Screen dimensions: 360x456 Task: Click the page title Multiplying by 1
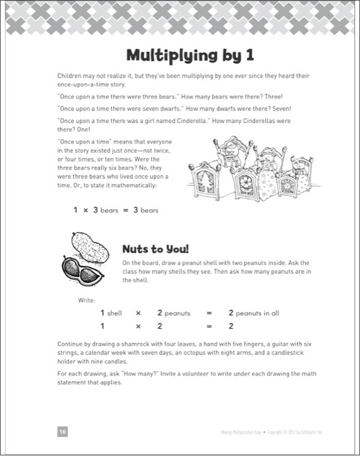(x=190, y=55)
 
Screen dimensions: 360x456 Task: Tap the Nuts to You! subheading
(x=156, y=249)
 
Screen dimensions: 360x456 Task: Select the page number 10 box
(x=62, y=432)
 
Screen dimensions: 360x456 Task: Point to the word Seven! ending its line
(x=282, y=109)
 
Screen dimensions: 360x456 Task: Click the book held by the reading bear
(x=229, y=159)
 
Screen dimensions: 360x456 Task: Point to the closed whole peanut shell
(x=90, y=247)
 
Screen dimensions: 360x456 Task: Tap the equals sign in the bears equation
(x=126, y=211)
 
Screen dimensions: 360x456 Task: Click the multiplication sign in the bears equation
(x=86, y=211)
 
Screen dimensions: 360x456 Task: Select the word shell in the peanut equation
(x=114, y=313)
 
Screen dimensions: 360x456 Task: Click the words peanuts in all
(x=257, y=313)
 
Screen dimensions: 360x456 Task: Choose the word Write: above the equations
(x=86, y=300)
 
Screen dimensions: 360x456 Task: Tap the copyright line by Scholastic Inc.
(x=272, y=432)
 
